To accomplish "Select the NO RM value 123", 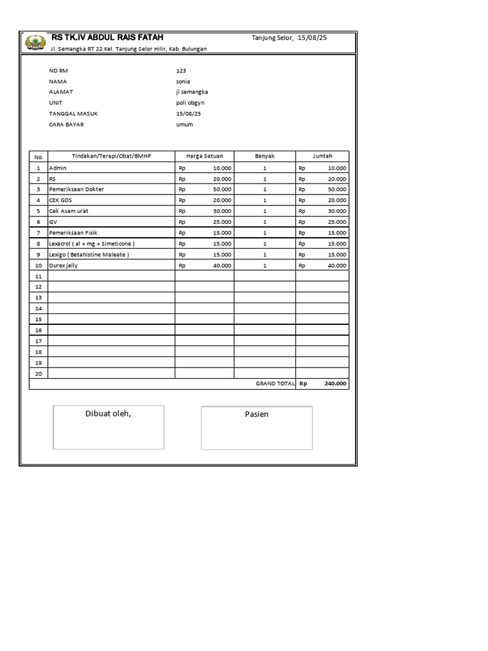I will coord(181,71).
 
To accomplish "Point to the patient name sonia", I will coord(183,81).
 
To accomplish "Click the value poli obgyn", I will coord(191,102).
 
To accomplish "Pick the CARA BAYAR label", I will coord(67,125).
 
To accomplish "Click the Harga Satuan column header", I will coord(204,156).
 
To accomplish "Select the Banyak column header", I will coord(264,156).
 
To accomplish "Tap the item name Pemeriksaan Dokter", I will coord(76,189).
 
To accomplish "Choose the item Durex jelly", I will coord(64,265).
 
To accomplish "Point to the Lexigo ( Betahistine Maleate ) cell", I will coord(89,254).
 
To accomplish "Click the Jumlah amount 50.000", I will coord(337,189).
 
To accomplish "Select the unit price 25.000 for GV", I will coord(222,221).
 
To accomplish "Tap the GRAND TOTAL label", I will coord(275,384).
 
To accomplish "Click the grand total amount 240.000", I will coord(335,384).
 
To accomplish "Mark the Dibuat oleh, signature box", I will coord(109,427).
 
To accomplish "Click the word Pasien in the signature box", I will coord(257,415).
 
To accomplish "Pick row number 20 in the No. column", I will coord(38,373).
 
